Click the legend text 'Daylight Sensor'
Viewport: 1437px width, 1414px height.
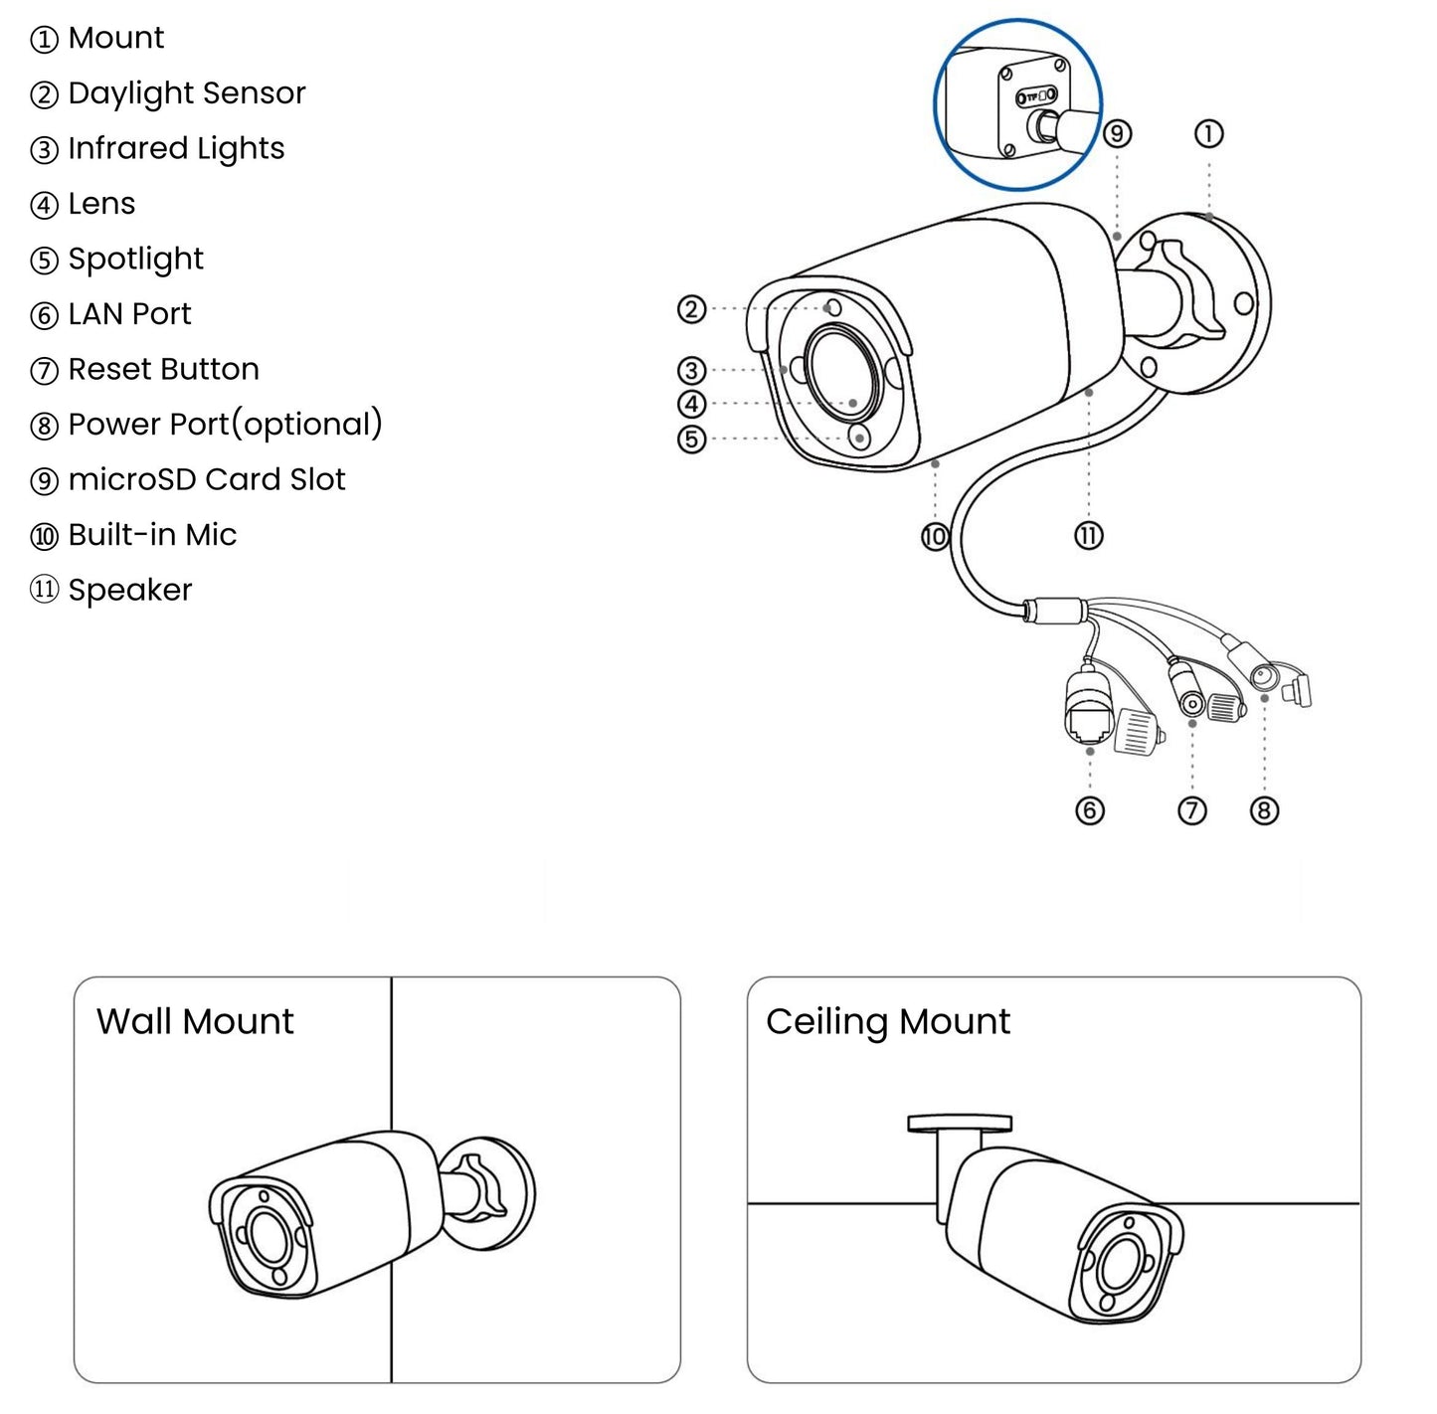click(x=186, y=93)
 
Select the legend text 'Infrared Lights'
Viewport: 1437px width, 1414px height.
click(x=176, y=149)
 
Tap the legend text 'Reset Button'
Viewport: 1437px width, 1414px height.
click(x=163, y=370)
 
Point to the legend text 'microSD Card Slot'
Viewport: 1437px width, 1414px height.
click(x=206, y=480)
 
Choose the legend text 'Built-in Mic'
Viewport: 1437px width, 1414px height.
click(x=152, y=535)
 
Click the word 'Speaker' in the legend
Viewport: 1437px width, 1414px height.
click(x=129, y=591)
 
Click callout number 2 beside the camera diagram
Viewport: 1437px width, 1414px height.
click(x=691, y=309)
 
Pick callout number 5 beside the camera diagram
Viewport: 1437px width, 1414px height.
click(x=691, y=439)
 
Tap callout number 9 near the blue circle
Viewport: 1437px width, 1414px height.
click(x=1118, y=133)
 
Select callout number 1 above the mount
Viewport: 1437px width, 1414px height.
click(x=1208, y=133)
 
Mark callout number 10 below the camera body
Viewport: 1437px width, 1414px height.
click(x=935, y=537)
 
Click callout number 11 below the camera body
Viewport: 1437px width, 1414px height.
click(x=1089, y=536)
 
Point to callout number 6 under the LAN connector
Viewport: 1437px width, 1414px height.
click(x=1090, y=810)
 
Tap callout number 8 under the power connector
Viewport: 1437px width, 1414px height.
click(x=1264, y=810)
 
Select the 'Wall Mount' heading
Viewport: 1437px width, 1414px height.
click(x=195, y=1022)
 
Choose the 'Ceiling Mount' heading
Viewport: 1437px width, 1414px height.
click(x=887, y=1022)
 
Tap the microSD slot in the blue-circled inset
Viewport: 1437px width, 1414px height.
click(x=1036, y=96)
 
